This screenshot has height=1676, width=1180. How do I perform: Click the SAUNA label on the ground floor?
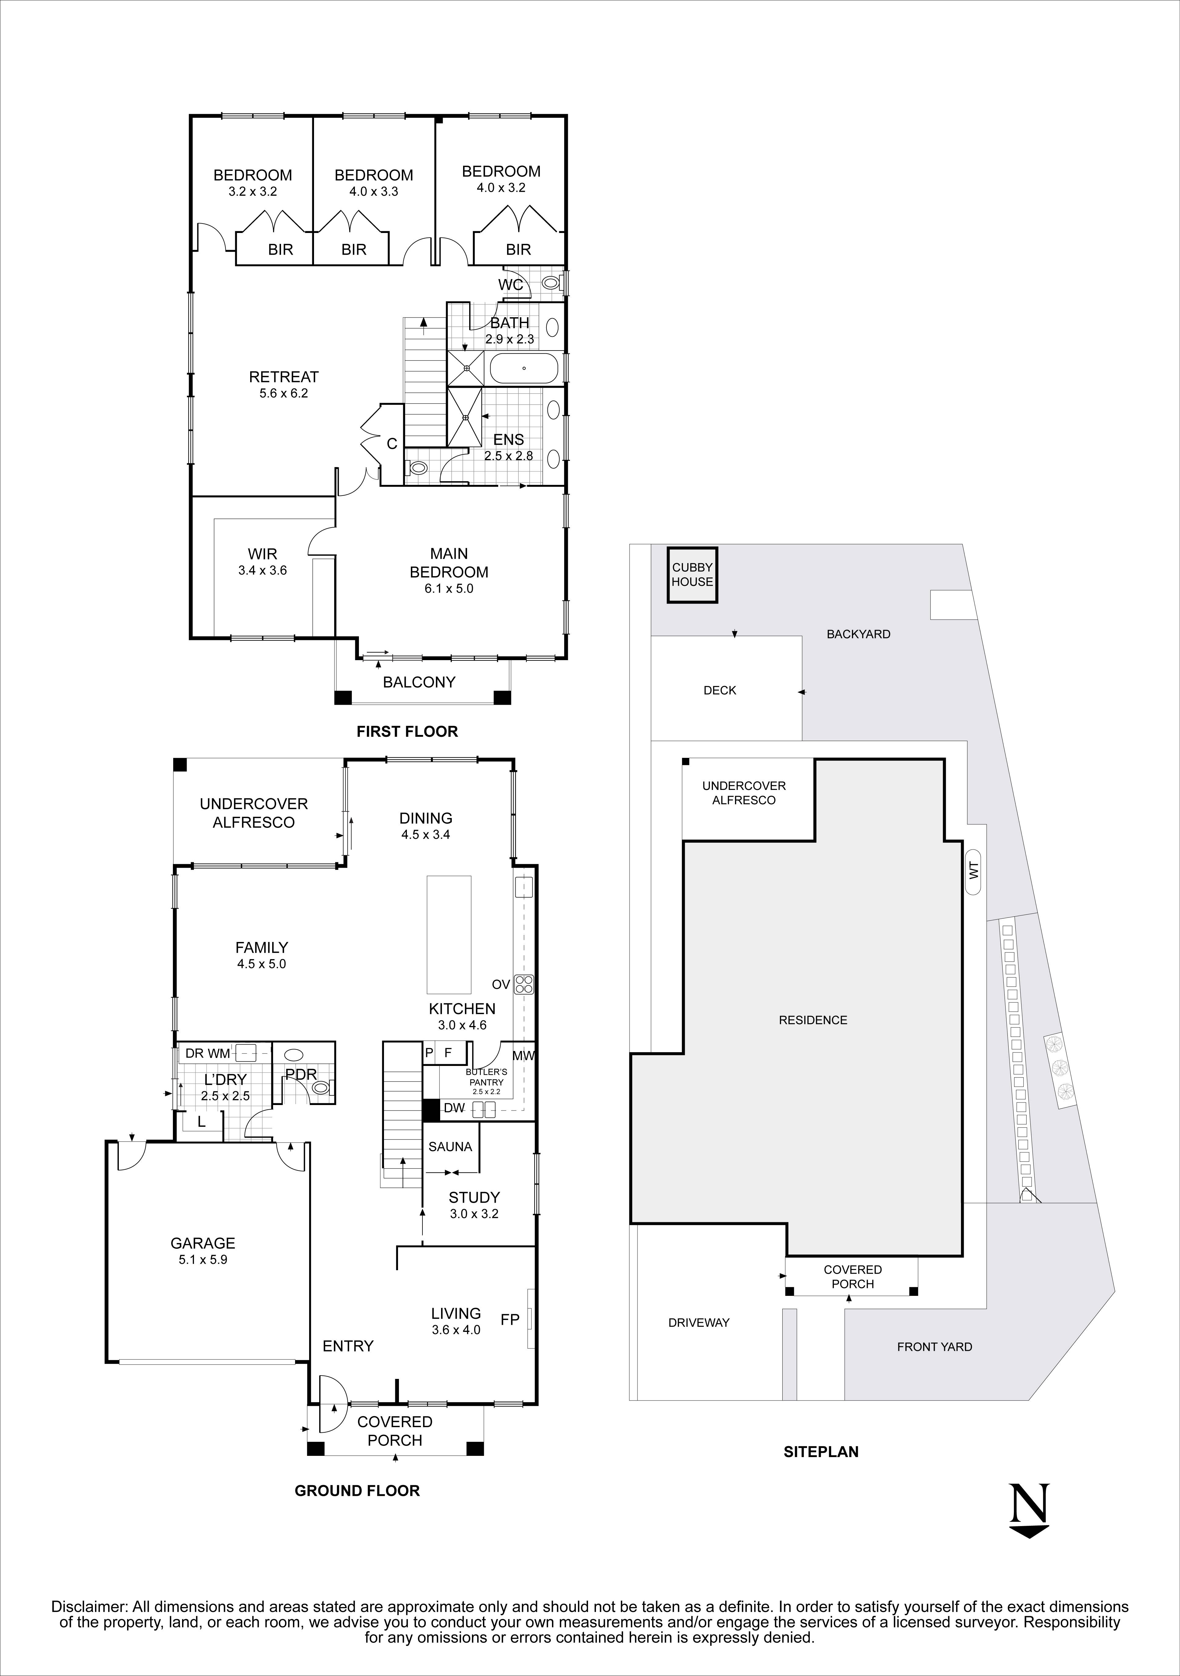click(450, 1147)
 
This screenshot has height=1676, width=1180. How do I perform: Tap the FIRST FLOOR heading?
click(407, 731)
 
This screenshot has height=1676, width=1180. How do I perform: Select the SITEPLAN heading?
click(821, 1452)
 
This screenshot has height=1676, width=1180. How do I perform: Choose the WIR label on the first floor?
click(262, 554)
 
